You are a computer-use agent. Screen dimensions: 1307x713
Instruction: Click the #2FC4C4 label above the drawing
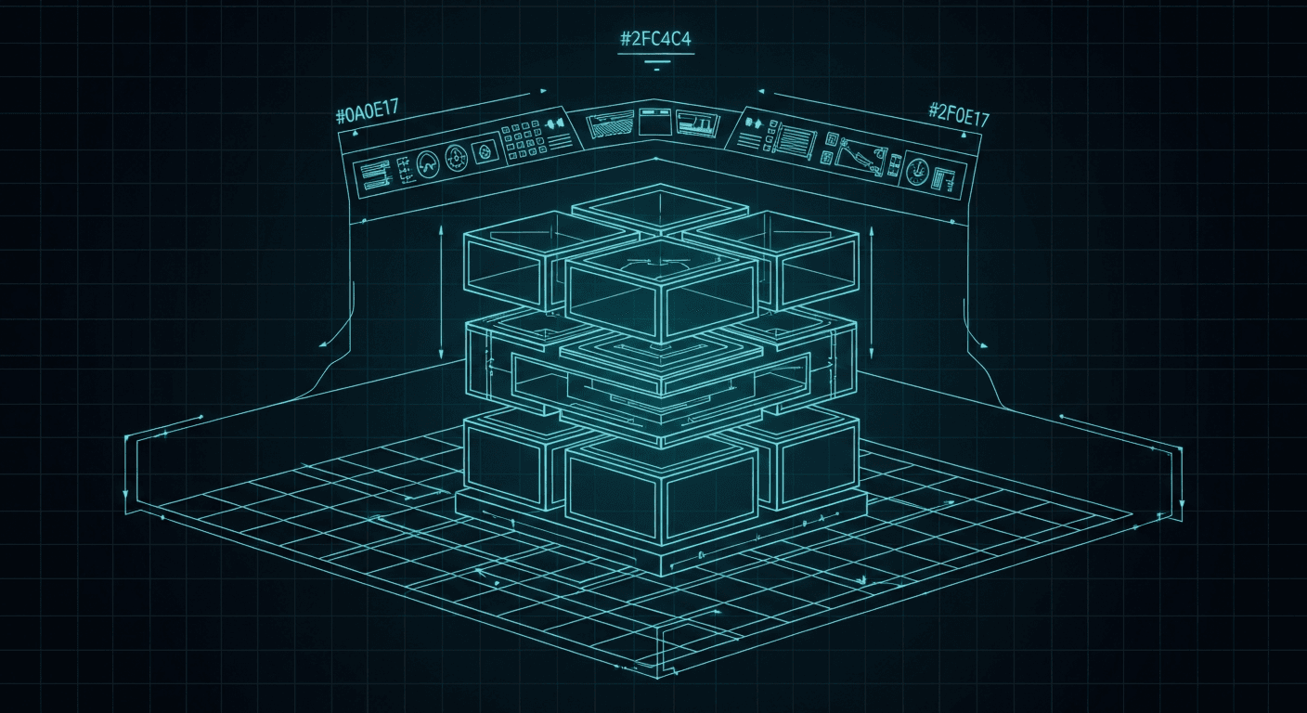tap(656, 39)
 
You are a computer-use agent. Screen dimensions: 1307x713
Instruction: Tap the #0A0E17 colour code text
tap(367, 111)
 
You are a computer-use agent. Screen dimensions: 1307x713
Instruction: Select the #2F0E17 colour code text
tap(959, 115)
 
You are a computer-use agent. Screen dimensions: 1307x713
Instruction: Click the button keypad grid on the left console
tap(524, 140)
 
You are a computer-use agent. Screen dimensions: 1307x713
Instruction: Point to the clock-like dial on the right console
tap(916, 169)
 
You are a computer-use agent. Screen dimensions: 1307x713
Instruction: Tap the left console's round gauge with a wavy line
tap(428, 164)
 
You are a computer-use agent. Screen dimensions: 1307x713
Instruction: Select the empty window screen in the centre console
tap(655, 123)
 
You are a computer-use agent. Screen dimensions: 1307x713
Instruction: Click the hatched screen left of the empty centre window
tap(610, 125)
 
